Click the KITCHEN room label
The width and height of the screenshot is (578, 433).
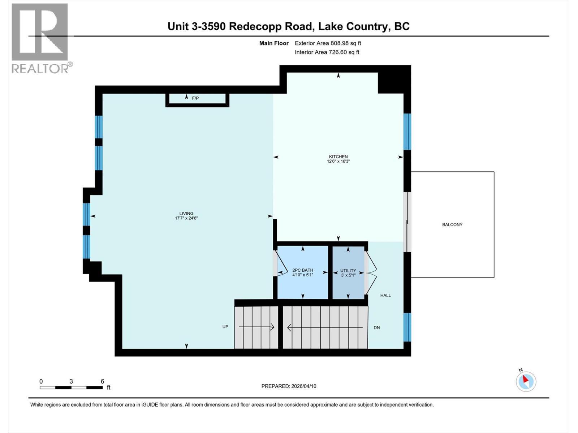click(338, 157)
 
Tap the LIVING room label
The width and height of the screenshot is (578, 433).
click(186, 214)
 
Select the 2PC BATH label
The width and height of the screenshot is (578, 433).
click(303, 270)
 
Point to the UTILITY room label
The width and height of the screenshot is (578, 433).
click(348, 271)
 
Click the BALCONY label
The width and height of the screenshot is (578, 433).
click(452, 224)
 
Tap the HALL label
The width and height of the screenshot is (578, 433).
click(385, 296)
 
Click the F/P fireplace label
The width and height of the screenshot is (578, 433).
click(195, 98)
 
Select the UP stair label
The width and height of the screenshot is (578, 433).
click(225, 327)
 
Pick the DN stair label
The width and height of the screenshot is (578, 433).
click(376, 328)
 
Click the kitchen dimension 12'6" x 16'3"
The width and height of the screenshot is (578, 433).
click(338, 161)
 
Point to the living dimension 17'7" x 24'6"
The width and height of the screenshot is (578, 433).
click(186, 218)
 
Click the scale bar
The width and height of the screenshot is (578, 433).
click(71, 388)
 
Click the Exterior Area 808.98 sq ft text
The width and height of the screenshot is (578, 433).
click(328, 43)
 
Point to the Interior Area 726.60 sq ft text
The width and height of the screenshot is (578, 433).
click(327, 52)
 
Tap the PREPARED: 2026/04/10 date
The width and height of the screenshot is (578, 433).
click(289, 386)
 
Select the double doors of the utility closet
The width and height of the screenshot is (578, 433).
click(371, 273)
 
